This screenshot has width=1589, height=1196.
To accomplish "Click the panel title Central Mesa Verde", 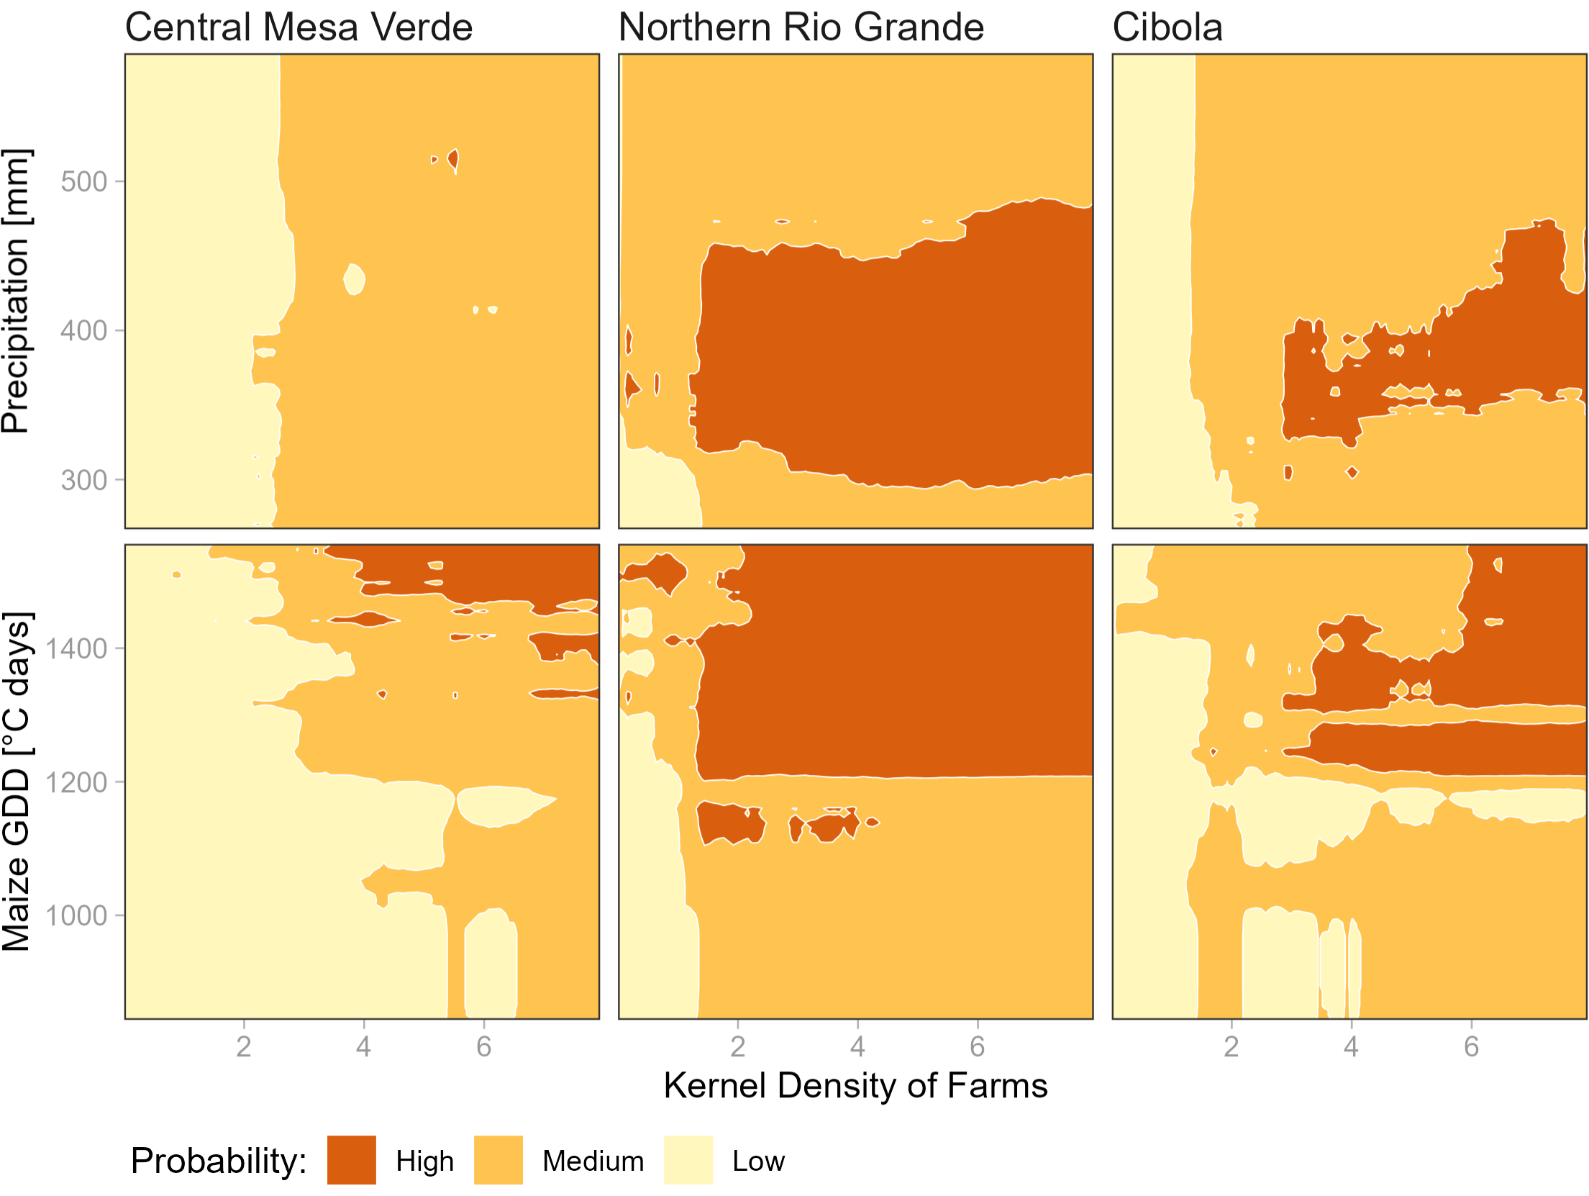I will point(299,27).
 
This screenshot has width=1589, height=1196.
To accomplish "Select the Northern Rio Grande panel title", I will point(801,27).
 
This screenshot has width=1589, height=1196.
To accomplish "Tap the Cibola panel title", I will point(1167,27).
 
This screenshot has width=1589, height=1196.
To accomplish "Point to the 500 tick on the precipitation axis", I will point(83,181).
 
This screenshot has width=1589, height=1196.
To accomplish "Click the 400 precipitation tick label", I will point(83,331).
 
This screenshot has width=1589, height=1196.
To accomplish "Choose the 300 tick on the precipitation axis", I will point(83,480).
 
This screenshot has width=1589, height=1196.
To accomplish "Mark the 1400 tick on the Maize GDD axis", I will point(76,649).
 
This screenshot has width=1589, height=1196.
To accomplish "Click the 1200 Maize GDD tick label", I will point(76,782).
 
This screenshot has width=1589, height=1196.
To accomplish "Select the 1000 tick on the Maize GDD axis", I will point(76,916).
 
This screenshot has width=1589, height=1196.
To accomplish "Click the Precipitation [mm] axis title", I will point(16,291).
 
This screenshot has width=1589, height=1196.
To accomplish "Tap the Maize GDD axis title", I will point(16,782).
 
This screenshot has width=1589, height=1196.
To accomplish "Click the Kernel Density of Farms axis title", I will point(855,1085).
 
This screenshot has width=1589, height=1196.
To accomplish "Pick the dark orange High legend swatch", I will point(351,1160).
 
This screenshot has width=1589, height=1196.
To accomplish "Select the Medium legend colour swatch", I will point(498,1160).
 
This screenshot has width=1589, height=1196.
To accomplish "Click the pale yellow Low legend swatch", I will point(688,1160).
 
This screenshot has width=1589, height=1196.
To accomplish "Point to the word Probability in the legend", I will point(219,1161).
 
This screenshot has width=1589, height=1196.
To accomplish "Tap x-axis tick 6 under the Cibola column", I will point(1471,1046).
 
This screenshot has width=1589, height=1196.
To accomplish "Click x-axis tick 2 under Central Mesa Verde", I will point(244,1046).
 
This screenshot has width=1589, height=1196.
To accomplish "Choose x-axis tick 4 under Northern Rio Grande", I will point(857,1046).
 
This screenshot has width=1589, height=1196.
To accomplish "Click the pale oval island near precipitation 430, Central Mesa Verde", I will point(354,279).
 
